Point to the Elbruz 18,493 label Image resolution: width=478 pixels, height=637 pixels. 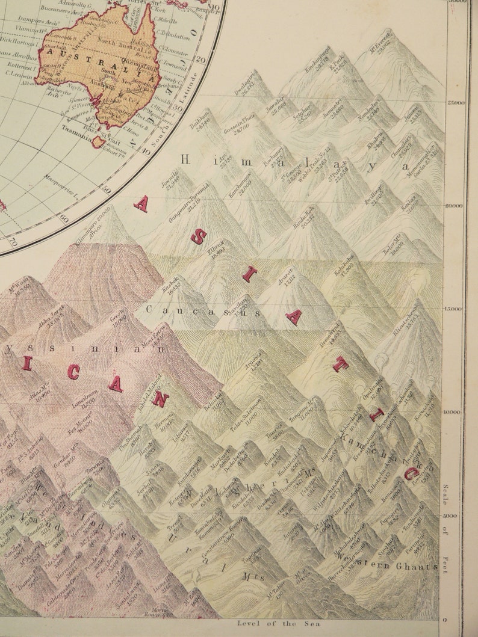[x=216, y=247]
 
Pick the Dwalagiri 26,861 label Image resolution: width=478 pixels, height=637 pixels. [x=248, y=88]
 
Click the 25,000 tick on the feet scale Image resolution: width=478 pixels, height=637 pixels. [x=455, y=103]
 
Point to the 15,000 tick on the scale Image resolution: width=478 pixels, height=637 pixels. [x=455, y=309]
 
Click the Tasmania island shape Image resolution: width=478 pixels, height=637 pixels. [x=98, y=142]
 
